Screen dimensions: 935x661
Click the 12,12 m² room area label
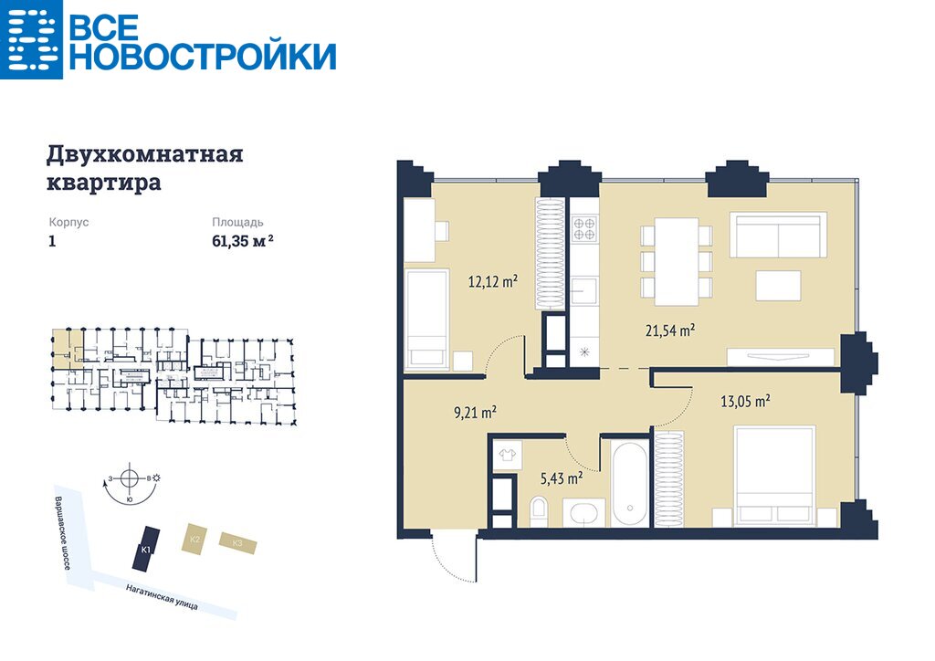pyautogui.click(x=492, y=281)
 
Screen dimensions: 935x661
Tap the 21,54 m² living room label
pyautogui.click(x=670, y=330)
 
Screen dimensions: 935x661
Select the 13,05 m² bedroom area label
pyautogui.click(x=745, y=401)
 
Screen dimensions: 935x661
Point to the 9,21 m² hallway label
pyautogui.click(x=475, y=412)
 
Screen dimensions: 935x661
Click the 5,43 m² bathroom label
pyautogui.click(x=562, y=477)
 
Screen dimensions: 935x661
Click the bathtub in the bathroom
pyautogui.click(x=630, y=483)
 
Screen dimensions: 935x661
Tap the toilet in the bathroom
pyautogui.click(x=538, y=511)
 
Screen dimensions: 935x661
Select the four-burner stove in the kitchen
pyautogui.click(x=583, y=229)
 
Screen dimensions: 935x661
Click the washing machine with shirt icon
pyautogui.click(x=508, y=456)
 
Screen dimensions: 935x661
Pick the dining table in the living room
pyautogui.click(x=677, y=262)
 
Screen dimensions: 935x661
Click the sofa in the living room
pyautogui.click(x=778, y=235)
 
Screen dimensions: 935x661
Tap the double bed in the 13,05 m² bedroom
pyautogui.click(x=774, y=476)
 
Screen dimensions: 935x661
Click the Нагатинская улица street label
pyautogui.click(x=162, y=596)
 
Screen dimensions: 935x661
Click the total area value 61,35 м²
pyautogui.click(x=243, y=241)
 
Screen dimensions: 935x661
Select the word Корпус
pyautogui.click(x=68, y=223)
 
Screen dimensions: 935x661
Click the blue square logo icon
pyautogui.click(x=31, y=39)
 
